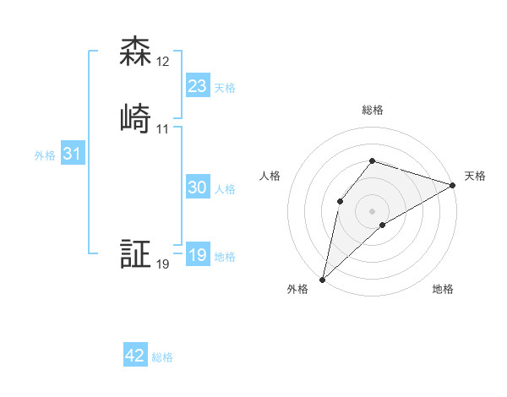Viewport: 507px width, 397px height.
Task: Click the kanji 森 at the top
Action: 135,52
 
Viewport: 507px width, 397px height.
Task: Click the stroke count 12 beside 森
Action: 163,63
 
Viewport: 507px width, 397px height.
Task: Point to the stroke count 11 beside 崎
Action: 163,129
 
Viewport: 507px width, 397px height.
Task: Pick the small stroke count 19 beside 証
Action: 163,264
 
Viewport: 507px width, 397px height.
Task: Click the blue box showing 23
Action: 197,86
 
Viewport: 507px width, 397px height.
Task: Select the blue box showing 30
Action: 197,188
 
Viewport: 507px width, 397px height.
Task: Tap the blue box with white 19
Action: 197,255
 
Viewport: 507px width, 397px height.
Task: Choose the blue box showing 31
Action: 72,154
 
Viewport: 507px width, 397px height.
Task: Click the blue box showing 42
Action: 135,356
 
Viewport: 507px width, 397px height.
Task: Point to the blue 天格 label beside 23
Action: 225,88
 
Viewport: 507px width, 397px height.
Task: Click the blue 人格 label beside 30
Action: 225,189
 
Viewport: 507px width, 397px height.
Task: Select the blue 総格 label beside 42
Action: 162,357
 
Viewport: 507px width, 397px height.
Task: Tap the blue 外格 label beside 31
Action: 45,155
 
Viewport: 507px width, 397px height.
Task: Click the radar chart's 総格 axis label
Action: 373,110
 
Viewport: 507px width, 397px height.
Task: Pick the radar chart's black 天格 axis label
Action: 475,176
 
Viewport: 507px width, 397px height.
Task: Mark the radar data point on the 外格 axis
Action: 323,279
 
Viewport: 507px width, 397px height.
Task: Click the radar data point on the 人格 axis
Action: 340,200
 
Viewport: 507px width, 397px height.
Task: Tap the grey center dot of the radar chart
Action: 373,210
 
